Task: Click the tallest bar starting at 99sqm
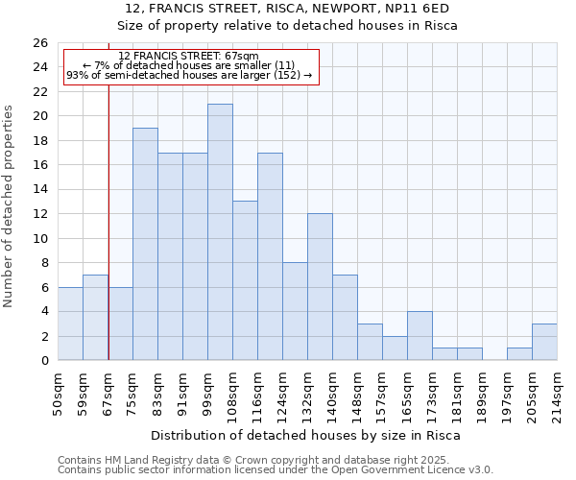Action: click(220, 232)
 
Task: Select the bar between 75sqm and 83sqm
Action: click(145, 244)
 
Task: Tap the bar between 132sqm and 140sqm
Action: click(320, 287)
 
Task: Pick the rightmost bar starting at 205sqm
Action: click(544, 342)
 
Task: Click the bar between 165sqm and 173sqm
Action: click(420, 336)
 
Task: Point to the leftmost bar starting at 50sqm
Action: click(70, 324)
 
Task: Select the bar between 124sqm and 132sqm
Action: click(295, 311)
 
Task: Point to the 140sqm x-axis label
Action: click(332, 392)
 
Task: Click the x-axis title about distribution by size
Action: click(307, 435)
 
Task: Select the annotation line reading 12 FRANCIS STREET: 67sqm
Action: click(188, 57)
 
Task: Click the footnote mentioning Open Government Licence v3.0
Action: click(276, 469)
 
